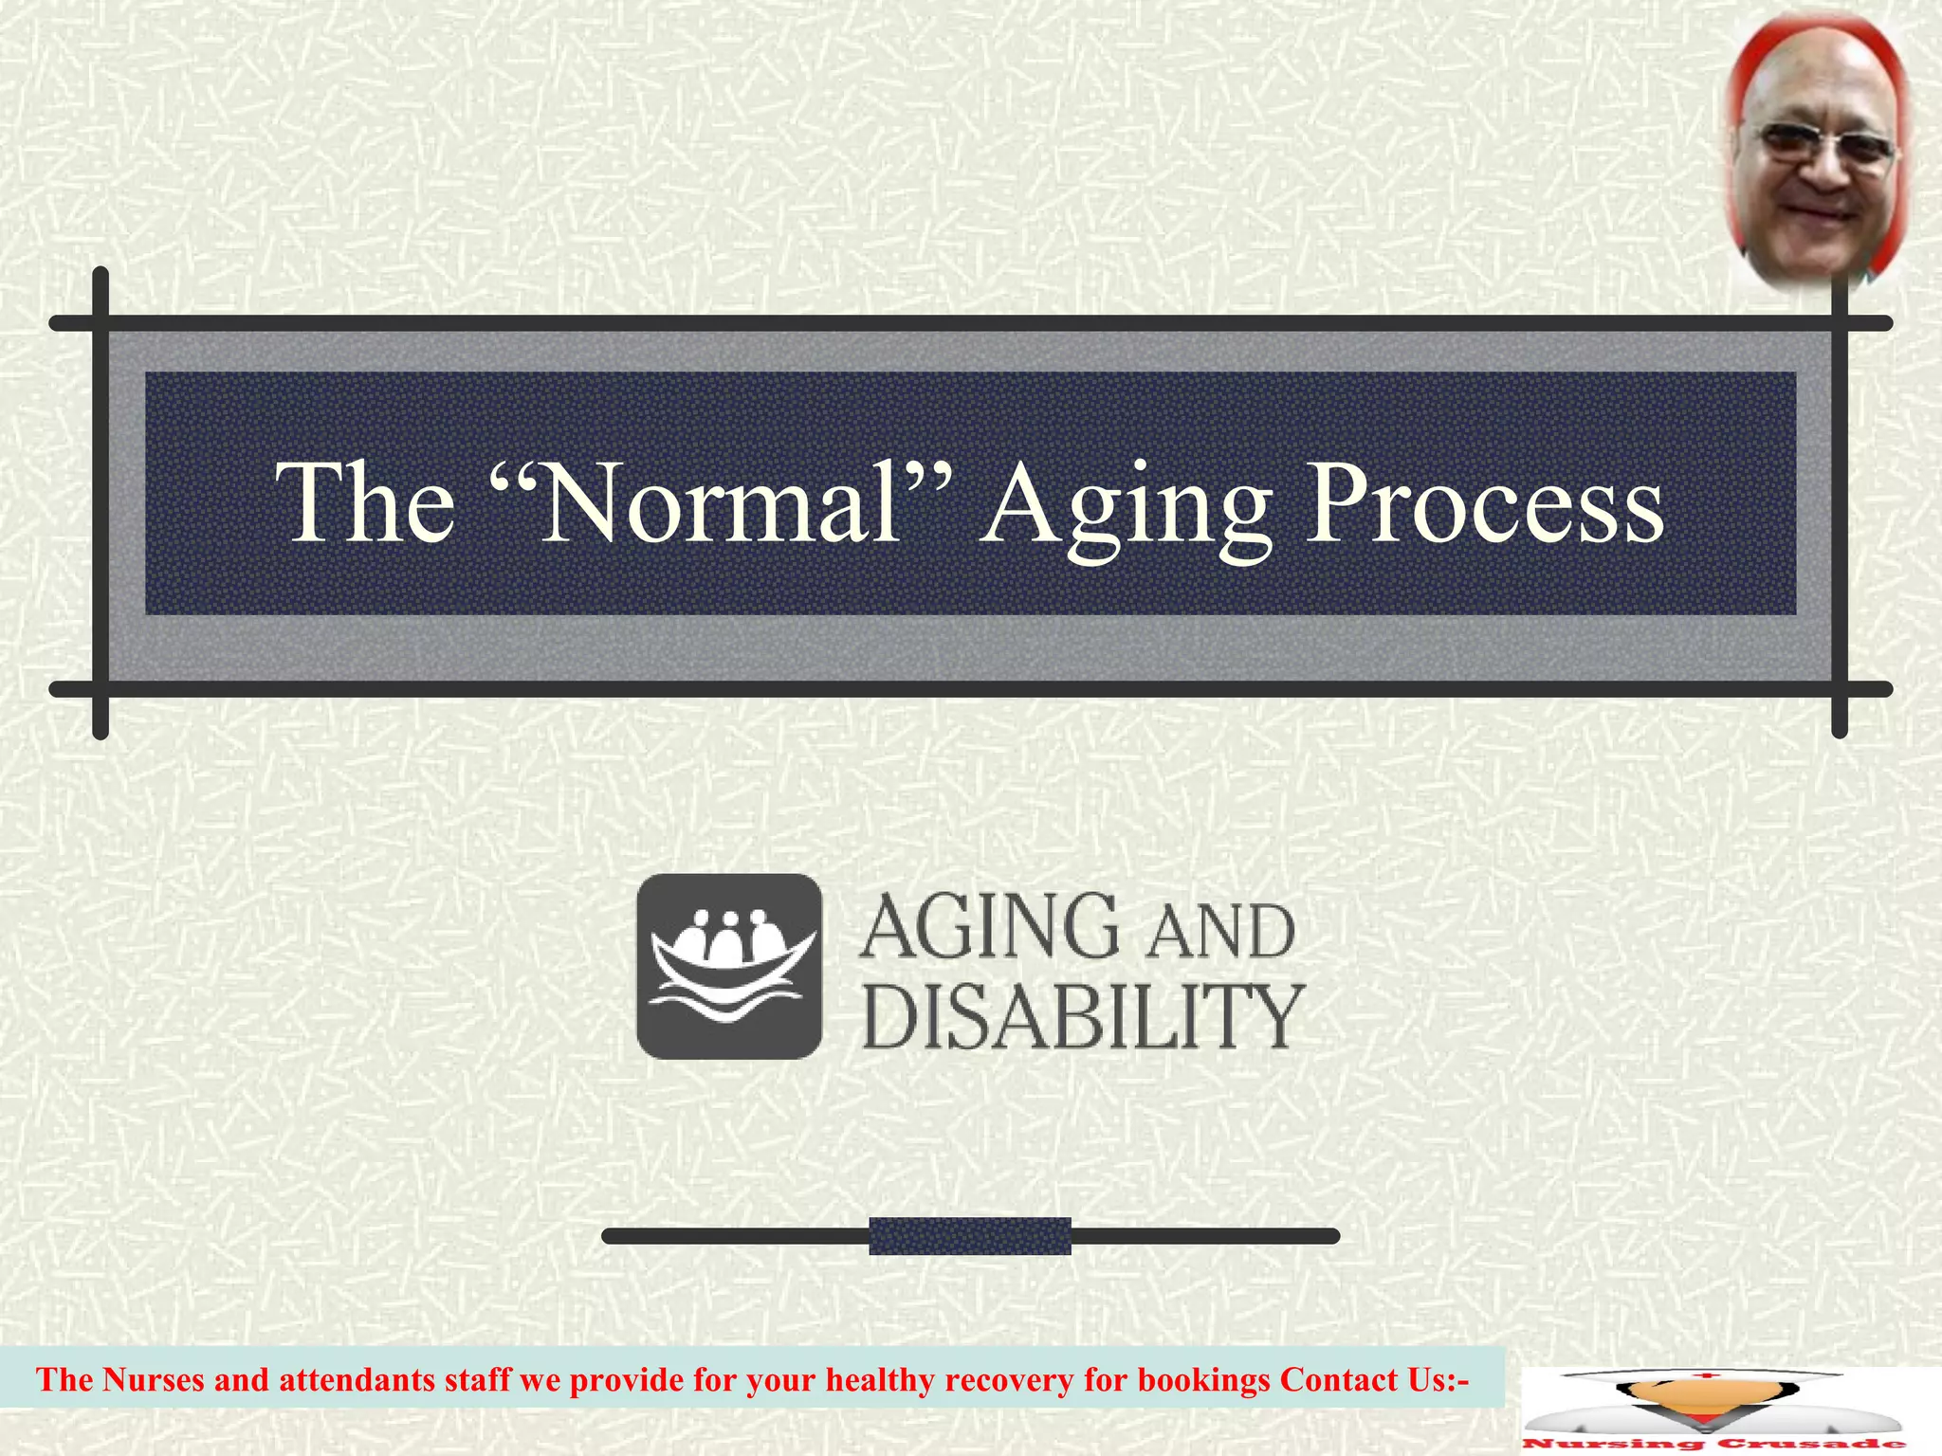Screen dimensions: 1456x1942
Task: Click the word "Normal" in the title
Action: pyautogui.click(x=721, y=503)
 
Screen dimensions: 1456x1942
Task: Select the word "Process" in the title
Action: pyautogui.click(x=1484, y=503)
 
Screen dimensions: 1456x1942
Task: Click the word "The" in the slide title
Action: pyautogui.click(x=365, y=503)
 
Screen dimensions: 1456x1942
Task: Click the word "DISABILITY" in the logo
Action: pyautogui.click(x=1082, y=1016)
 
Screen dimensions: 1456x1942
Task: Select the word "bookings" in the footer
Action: pyautogui.click(x=1202, y=1379)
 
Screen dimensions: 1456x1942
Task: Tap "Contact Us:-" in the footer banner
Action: pyautogui.click(x=1374, y=1379)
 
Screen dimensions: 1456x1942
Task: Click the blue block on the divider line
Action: pyautogui.click(x=969, y=1235)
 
